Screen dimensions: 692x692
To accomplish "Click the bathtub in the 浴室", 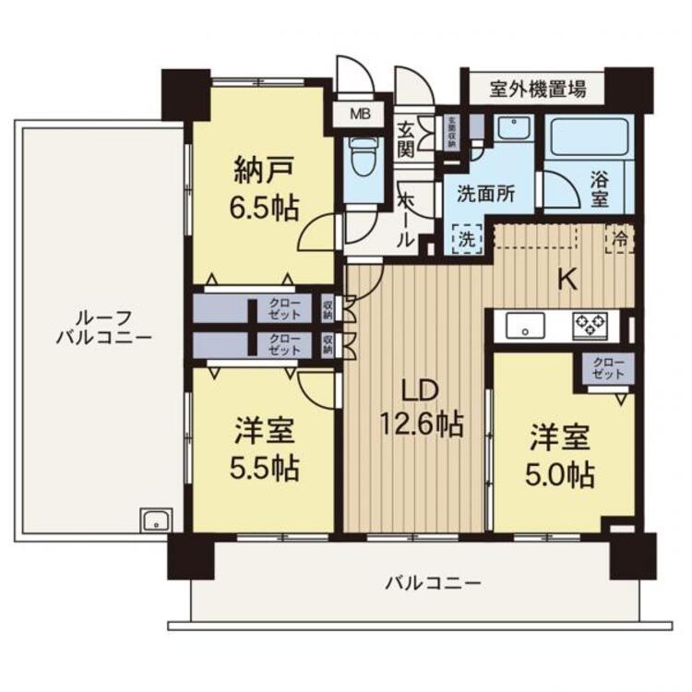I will pos(586,141).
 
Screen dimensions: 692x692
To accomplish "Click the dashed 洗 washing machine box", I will pos(467,238).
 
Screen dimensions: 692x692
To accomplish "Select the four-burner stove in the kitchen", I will pos(591,325).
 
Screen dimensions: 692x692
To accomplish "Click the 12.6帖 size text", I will pos(421,424).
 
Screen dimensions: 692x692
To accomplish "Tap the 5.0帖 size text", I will pos(560,475).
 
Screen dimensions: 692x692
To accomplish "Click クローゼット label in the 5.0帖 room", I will pos(608,369).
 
